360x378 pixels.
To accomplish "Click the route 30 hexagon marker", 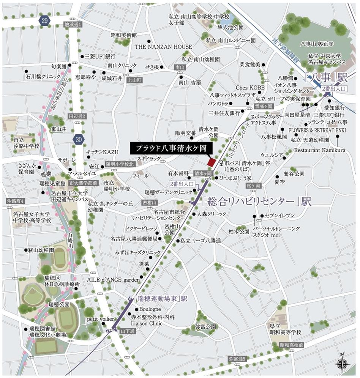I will click(x=79, y=139).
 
